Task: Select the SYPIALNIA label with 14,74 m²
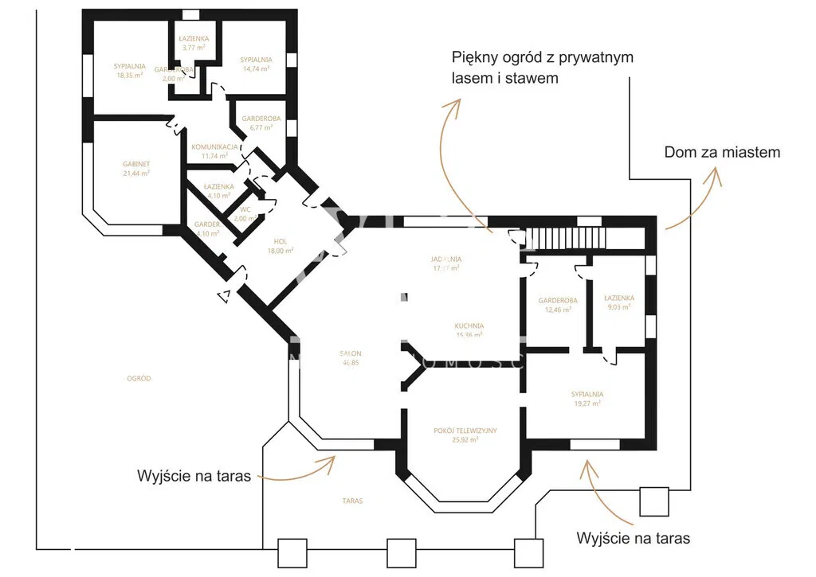pos(256,60)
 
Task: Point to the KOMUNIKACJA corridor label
pos(215,147)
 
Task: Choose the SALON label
pos(351,353)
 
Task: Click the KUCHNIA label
pos(469,326)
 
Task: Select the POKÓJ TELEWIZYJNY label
pos(465,431)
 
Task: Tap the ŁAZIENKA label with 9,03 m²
pos(618,298)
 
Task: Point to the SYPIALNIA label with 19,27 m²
pos(586,394)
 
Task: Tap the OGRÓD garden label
pos(139,379)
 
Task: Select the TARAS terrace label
pos(352,501)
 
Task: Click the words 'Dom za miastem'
pos(722,152)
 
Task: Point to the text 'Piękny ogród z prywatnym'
pos(542,57)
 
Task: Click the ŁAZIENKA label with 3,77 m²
pos(193,38)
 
